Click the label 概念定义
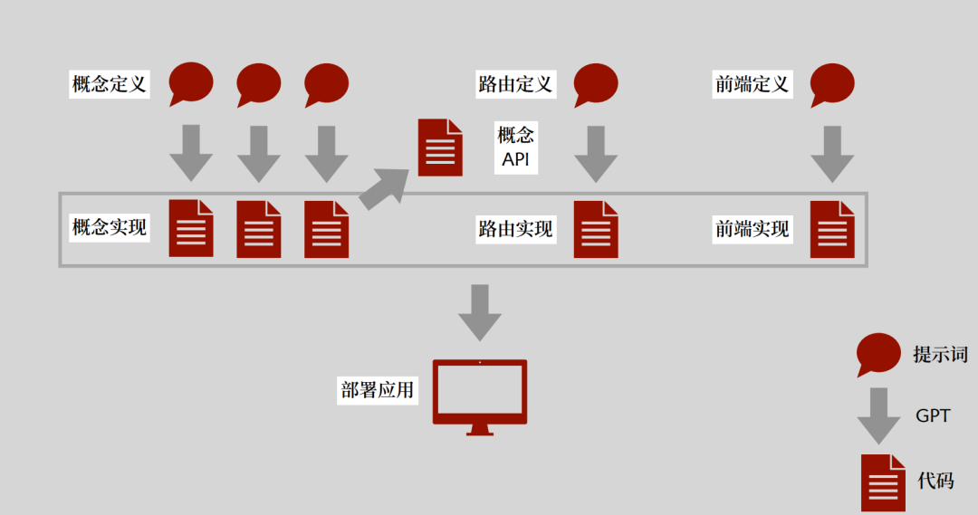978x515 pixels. click(x=109, y=85)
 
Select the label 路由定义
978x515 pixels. click(x=514, y=85)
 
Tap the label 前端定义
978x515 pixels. click(x=752, y=85)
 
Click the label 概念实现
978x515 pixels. click(x=109, y=228)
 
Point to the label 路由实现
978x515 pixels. click(x=514, y=229)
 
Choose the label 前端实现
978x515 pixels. click(x=752, y=229)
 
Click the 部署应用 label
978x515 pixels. click(x=378, y=390)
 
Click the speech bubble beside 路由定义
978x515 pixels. click(x=596, y=84)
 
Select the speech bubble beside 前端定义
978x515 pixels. click(x=832, y=84)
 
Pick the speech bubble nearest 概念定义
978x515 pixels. click(x=191, y=84)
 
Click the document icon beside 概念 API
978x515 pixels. click(x=440, y=148)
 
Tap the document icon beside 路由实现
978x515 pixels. click(x=596, y=229)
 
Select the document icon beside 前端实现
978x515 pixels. click(x=832, y=229)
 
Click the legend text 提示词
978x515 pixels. click(x=940, y=355)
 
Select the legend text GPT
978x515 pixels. click(x=933, y=416)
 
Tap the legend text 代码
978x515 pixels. click(x=935, y=481)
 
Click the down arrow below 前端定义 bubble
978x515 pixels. click(x=832, y=154)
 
